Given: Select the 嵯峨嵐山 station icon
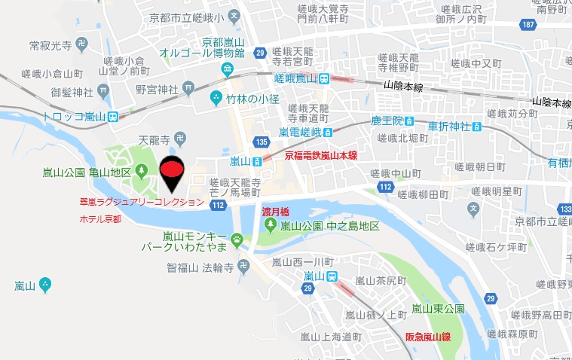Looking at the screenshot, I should pyautogui.click(x=323, y=78).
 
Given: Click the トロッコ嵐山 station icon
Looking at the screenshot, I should pyautogui.click(x=112, y=116).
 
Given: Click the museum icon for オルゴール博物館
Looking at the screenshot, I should pyautogui.click(x=228, y=71).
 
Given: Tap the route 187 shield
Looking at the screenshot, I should pyautogui.click(x=529, y=26).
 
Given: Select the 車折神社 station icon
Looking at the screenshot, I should pyautogui.click(x=476, y=125).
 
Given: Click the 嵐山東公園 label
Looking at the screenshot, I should pyautogui.click(x=438, y=308).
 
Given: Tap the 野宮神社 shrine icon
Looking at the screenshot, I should pyautogui.click(x=185, y=90).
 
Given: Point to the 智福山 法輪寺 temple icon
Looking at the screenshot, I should pyautogui.click(x=243, y=266).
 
